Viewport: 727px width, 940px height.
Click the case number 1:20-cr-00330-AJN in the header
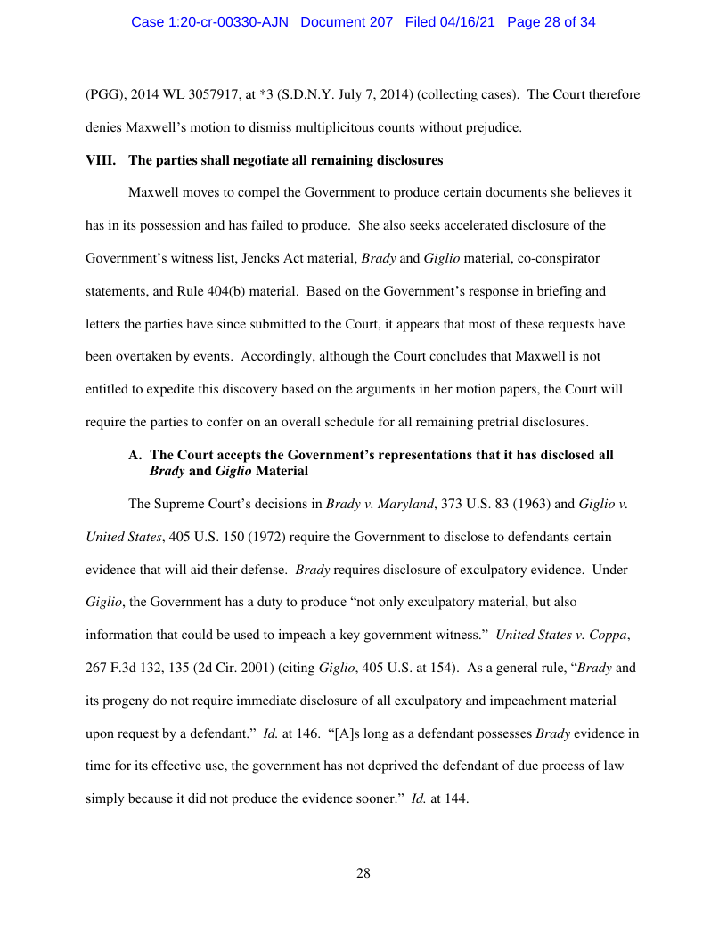210,22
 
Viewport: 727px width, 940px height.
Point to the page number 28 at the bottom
363,873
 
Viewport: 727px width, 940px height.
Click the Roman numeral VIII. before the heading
98,161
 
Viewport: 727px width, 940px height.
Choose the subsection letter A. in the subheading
136,455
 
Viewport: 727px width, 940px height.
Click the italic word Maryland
405,505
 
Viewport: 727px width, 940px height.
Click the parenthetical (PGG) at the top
103,94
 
